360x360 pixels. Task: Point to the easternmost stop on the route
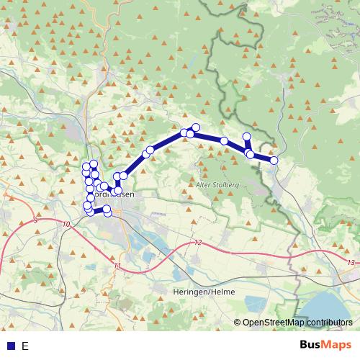(x=274, y=161)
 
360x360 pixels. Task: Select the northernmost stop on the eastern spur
(x=247, y=137)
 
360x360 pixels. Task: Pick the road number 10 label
(x=66, y=225)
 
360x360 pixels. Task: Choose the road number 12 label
(x=198, y=243)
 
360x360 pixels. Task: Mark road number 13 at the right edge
(x=350, y=263)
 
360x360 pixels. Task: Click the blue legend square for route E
(x=9, y=346)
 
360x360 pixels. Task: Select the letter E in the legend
(x=25, y=346)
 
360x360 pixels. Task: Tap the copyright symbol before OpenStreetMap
(x=238, y=323)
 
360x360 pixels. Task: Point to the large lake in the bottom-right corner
(x=328, y=310)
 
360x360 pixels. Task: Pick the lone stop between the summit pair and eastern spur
(x=224, y=141)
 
